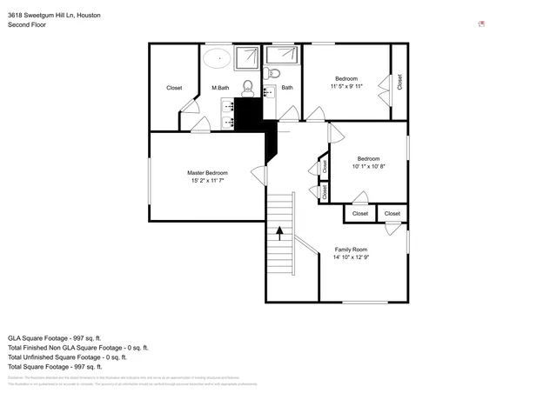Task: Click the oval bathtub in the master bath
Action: [x=217, y=59]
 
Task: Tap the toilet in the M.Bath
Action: [x=247, y=86]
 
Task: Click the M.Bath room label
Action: [x=220, y=88]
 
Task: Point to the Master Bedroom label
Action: [x=207, y=173]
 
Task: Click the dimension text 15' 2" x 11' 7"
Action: [x=207, y=182]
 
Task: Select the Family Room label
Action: [x=351, y=250]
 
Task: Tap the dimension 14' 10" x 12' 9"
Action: [x=351, y=258]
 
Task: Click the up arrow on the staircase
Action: [x=279, y=232]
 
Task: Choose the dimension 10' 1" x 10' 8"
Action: [x=367, y=166]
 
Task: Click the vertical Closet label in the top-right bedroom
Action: [x=399, y=83]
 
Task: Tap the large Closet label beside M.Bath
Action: [x=174, y=88]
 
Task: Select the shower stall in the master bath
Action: [x=247, y=57]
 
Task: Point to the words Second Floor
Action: [x=26, y=25]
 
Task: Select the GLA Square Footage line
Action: [x=55, y=337]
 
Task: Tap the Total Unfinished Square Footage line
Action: [x=67, y=356]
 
